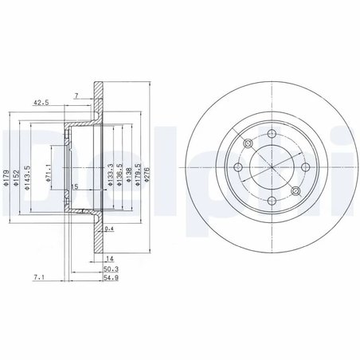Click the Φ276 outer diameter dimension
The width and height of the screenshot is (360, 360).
tap(147, 174)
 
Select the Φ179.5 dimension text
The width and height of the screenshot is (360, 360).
tap(138, 174)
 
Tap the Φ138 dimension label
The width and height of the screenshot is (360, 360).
tap(128, 174)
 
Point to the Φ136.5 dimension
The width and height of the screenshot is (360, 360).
tap(119, 174)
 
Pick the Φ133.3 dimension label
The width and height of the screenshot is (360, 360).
tap(111, 174)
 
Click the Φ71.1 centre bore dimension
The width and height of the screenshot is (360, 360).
tap(48, 173)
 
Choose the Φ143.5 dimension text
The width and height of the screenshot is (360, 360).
tap(27, 178)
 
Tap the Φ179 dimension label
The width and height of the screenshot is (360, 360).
tap(6, 178)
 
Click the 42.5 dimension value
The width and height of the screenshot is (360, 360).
tap(41, 102)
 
